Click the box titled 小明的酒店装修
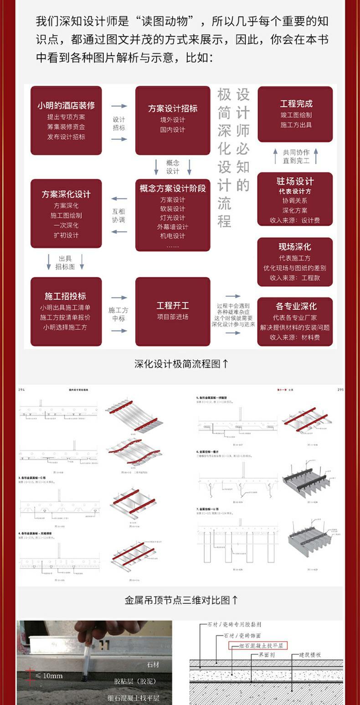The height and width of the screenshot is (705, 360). tap(66, 120)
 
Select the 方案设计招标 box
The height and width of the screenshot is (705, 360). tap(173, 120)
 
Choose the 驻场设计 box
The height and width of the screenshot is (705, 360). tap(295, 199)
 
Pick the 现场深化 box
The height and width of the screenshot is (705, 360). tap(295, 262)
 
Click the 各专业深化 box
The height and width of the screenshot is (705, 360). tap(295, 321)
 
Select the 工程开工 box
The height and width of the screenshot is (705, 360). tap(173, 311)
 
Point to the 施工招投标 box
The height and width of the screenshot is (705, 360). tap(66, 311)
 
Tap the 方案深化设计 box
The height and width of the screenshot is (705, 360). tap(66, 213)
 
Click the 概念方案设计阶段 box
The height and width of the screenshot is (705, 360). tap(173, 215)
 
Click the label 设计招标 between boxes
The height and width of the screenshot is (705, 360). tap(119, 124)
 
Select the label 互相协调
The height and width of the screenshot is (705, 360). tap(119, 215)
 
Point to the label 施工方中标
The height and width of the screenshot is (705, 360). tap(119, 314)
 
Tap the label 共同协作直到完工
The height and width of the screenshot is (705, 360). tap(296, 156)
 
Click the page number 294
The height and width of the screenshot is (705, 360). tap(21, 390)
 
